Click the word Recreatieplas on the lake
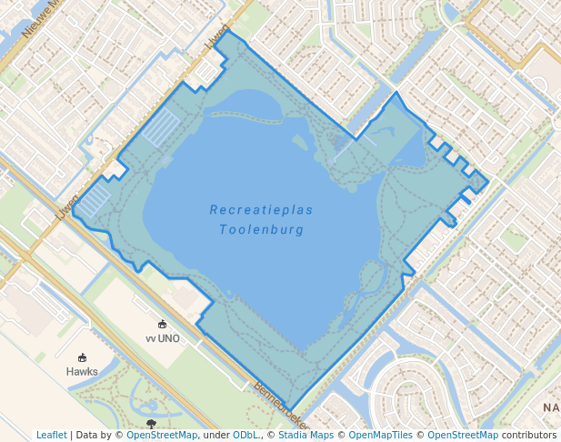tap(261, 210)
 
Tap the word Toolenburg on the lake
tap(261, 230)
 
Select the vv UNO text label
tap(163, 338)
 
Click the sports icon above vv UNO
tap(163, 325)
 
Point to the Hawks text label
tap(82, 371)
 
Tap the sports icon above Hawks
tap(83, 357)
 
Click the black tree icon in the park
tap(151, 424)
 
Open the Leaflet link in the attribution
tap(52, 436)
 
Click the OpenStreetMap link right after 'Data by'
tap(161, 436)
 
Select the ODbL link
tap(245, 436)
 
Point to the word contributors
tap(528, 436)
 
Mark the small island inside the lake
tap(299, 142)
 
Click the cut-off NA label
tap(551, 407)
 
